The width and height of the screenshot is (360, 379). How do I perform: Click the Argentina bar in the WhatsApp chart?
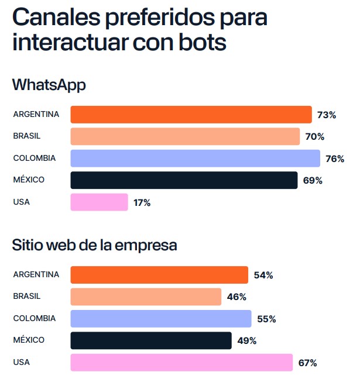[x=191, y=115]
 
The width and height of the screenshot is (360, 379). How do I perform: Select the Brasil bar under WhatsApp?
[x=185, y=136]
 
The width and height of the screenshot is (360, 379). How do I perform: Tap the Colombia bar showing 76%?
[x=195, y=159]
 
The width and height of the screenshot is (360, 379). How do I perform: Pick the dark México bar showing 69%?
[x=184, y=180]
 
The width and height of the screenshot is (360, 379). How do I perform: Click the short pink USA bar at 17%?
[x=99, y=202]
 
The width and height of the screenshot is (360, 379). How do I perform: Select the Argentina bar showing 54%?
[x=159, y=275]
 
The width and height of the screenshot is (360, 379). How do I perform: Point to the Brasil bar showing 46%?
[x=146, y=297]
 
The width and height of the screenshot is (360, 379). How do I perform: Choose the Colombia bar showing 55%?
[x=161, y=319]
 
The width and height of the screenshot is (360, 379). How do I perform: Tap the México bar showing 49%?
[x=151, y=340]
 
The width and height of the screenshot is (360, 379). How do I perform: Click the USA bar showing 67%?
[x=181, y=363]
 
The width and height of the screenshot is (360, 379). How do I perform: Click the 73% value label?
[x=327, y=115]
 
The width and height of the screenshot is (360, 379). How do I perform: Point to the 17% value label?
[x=142, y=203]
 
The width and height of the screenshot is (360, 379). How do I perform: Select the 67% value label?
[x=307, y=363]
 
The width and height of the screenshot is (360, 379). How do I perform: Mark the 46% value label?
[x=236, y=297]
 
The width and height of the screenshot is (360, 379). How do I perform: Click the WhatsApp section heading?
[x=49, y=85]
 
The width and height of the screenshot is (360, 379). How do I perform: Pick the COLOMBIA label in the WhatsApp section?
[x=35, y=158]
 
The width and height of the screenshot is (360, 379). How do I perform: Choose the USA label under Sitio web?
[x=21, y=362]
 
